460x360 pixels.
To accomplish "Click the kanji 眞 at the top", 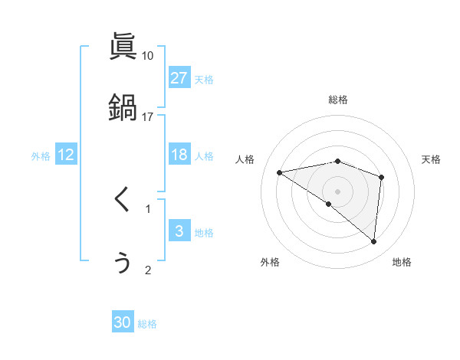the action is [123, 46].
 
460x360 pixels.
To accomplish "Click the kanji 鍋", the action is [123, 106].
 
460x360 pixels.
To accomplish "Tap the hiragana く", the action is [122, 201].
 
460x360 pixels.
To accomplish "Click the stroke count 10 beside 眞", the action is [148, 56].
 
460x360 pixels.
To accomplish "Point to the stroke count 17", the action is [148, 116].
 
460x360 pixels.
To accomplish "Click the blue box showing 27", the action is [179, 78].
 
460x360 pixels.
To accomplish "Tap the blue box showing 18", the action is [179, 155].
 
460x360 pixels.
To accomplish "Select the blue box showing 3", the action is [179, 231].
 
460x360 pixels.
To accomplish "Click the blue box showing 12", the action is [66, 155].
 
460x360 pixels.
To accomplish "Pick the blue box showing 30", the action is [123, 322].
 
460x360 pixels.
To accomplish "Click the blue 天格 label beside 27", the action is [204, 79].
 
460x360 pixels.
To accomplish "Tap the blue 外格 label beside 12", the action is [41, 155].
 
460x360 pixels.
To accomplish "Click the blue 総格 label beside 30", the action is [147, 324].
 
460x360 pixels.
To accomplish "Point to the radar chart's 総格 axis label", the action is [338, 100].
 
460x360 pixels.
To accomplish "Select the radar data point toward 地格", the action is [373, 242].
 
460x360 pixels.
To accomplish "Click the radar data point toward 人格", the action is [280, 172].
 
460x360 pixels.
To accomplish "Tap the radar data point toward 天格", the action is [381, 177].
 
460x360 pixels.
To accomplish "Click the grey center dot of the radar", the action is [338, 191].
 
